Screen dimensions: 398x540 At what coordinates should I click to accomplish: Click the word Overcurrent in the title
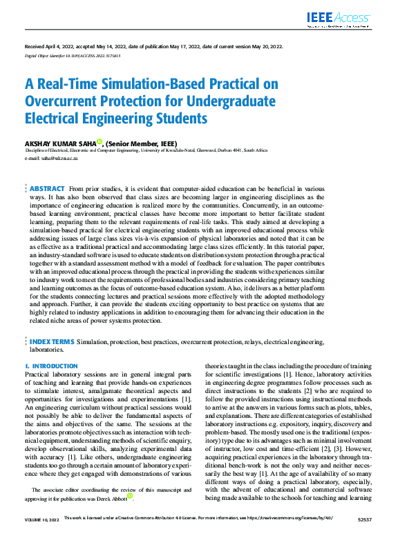tap(66, 101)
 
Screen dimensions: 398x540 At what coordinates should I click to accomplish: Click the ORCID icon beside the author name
tap(99, 141)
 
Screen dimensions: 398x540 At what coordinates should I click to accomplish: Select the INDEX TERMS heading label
tap(52, 341)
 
